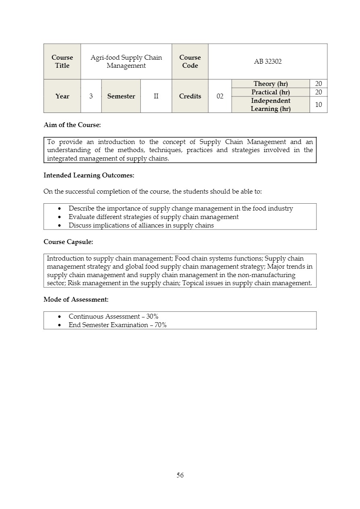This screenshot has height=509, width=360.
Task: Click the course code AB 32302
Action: point(268,62)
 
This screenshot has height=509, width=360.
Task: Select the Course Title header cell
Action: point(62,62)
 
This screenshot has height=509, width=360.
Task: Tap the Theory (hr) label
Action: point(271,84)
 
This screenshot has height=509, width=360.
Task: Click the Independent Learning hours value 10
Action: point(318,105)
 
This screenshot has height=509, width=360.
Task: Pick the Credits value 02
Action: point(220,96)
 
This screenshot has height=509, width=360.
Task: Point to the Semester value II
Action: point(156,96)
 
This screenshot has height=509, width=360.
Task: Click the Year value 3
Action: point(91,96)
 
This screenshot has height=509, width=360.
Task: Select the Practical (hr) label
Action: point(271,92)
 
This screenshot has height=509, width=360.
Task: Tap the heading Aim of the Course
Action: point(72,125)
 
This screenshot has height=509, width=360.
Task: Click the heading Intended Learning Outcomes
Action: point(89,175)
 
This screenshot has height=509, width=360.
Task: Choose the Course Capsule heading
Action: point(68,242)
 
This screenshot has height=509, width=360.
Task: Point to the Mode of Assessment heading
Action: point(76,300)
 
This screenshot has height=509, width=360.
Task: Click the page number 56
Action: point(180,475)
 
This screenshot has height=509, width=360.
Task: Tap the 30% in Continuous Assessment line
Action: point(152,317)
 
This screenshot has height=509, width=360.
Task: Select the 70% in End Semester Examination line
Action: point(160,325)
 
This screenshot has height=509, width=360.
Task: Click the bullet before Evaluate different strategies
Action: point(60,217)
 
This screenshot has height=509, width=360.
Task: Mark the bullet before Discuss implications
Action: point(60,225)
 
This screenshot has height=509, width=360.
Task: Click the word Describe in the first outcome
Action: point(81,209)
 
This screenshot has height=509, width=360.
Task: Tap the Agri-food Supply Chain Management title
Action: point(126,62)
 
